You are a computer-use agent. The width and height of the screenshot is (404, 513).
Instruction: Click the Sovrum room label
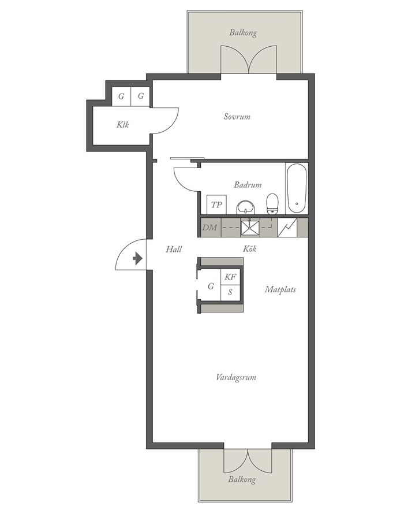pos(237,117)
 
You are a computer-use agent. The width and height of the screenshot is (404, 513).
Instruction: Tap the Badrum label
pos(248,185)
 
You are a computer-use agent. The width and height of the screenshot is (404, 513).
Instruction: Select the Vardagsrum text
pos(235,377)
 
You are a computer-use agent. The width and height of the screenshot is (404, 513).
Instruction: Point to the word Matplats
pos(280,289)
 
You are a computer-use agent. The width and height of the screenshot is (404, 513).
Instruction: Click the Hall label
pos(174,250)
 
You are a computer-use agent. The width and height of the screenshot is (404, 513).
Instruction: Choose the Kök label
pos(249,248)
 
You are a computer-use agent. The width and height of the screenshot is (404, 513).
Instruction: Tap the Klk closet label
pos(122,125)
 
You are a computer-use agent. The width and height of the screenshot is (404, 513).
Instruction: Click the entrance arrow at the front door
pos(137,258)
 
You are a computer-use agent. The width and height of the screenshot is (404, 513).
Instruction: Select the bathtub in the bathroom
pos(297,188)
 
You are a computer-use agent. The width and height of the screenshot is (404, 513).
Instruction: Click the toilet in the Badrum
pos(272,204)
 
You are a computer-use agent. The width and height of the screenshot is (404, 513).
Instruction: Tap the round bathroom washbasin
pos(246,207)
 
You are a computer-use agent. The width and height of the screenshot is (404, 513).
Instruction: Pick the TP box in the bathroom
pos(216,205)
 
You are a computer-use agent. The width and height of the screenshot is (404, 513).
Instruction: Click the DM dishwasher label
pos(210,228)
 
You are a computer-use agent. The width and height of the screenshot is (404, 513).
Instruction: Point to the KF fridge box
pos(230,277)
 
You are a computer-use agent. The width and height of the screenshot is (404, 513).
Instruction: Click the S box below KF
pos(230,292)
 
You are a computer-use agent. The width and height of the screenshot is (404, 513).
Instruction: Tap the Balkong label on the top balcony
pos(243,32)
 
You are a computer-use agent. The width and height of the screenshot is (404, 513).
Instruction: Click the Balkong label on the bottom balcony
pos(242,479)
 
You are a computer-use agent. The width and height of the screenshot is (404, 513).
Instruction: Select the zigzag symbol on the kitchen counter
pos(287,228)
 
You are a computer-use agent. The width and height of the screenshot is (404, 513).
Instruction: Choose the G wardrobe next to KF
pos(211,287)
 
